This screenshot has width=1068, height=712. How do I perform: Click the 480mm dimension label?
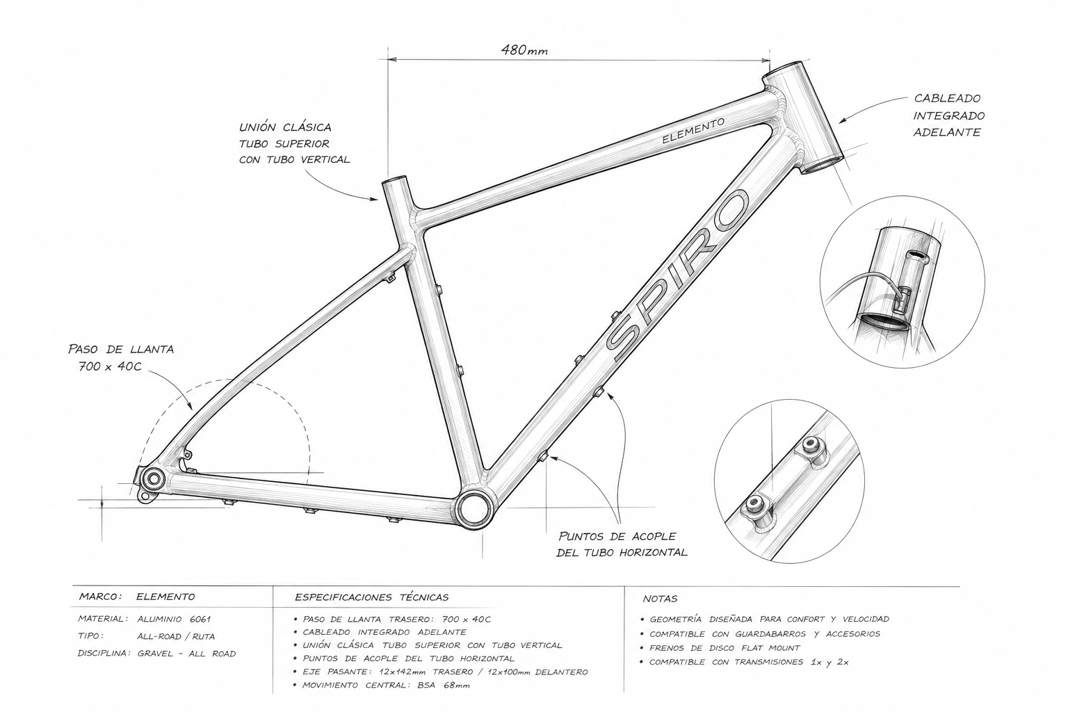click(524, 50)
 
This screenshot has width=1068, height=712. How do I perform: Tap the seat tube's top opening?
click(395, 181)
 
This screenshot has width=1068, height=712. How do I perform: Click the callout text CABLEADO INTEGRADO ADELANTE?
click(949, 115)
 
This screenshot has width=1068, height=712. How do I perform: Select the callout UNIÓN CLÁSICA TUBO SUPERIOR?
click(294, 143)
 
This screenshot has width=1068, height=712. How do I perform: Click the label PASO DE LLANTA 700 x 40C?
click(120, 357)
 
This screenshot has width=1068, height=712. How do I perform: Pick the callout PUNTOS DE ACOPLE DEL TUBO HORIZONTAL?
click(622, 544)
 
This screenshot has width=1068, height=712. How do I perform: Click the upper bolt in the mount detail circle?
click(810, 446)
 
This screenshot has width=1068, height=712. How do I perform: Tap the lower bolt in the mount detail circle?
click(754, 502)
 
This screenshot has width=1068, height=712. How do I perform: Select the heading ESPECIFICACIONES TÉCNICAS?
click(372, 597)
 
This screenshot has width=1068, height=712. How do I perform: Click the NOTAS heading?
click(660, 599)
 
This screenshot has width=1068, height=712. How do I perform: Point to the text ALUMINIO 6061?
click(174, 619)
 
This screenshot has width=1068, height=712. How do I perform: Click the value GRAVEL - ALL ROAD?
click(186, 654)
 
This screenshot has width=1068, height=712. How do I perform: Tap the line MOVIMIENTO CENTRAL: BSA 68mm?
click(386, 686)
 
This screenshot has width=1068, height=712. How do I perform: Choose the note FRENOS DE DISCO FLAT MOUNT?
click(725, 648)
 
